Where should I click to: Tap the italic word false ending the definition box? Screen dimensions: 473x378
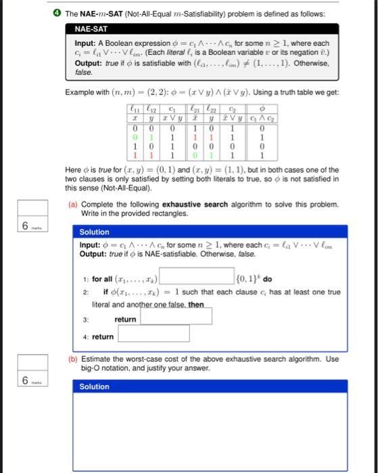pyautogui.click(x=83, y=72)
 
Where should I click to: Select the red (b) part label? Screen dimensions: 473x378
pyautogui.click(x=72, y=359)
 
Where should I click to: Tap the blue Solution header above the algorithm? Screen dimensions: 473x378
pyautogui.click(x=94, y=232)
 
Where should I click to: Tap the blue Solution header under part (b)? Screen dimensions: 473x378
pyautogui.click(x=94, y=387)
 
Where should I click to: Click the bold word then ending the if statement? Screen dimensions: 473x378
pyautogui.click(x=196, y=305)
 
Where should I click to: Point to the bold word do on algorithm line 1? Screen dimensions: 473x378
pyautogui.click(x=268, y=278)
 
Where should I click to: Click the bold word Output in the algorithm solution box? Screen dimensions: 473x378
pyautogui.click(x=93, y=253)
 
